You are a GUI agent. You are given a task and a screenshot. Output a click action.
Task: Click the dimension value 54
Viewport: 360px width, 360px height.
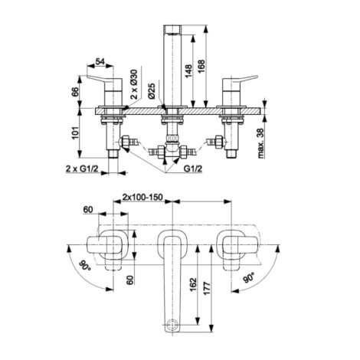[x=100, y=61]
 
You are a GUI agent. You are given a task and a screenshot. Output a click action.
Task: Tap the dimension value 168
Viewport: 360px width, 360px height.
[x=201, y=67]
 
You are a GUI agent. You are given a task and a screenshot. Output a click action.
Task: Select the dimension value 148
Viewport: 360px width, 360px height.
[x=188, y=72]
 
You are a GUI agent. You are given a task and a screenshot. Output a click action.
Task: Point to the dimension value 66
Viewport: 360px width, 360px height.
[x=75, y=92]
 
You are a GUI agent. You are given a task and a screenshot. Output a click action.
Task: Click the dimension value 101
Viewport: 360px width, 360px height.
[x=75, y=133]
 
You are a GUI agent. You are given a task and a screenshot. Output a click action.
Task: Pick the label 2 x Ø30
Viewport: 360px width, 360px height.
[x=134, y=84]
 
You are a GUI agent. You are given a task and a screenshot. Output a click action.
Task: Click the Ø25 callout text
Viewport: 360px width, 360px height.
[x=152, y=91]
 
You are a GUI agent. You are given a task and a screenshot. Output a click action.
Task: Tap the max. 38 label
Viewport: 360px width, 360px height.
[x=261, y=143]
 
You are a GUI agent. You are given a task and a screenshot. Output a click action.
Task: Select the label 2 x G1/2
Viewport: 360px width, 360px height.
[x=82, y=169]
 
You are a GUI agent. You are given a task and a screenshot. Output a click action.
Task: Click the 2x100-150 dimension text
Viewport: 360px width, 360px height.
[x=142, y=198]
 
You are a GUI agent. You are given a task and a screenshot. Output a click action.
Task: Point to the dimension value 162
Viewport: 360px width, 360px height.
[x=193, y=286]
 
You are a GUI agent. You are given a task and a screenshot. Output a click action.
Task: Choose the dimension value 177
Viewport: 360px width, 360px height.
[x=207, y=289]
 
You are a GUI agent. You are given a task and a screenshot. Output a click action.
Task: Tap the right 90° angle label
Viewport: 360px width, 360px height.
[x=249, y=277]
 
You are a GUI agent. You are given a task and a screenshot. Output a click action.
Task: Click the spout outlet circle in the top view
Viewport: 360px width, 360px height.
[x=172, y=325]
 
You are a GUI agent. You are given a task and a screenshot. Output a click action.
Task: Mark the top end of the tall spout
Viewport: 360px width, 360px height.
[x=172, y=25]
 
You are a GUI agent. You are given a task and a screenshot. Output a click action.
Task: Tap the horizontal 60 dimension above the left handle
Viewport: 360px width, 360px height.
[x=88, y=210]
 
